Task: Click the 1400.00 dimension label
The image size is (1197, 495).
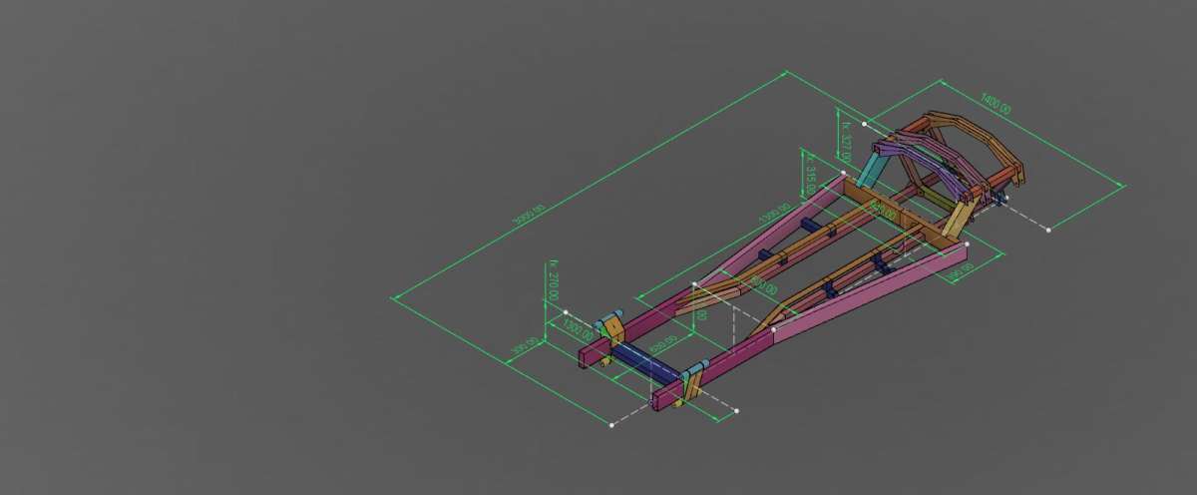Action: pos(996,102)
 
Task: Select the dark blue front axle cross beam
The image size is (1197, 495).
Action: pos(643,361)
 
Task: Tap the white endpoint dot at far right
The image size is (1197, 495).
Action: pos(1048,230)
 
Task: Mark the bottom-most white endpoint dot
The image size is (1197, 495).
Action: pos(611,425)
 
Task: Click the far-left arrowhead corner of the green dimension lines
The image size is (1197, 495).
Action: pos(393,296)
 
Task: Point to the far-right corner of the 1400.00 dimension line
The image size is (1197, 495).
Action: pos(1123,185)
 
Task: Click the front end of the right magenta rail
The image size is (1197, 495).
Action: pos(660,400)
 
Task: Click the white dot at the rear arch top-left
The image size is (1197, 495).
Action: pos(864,124)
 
